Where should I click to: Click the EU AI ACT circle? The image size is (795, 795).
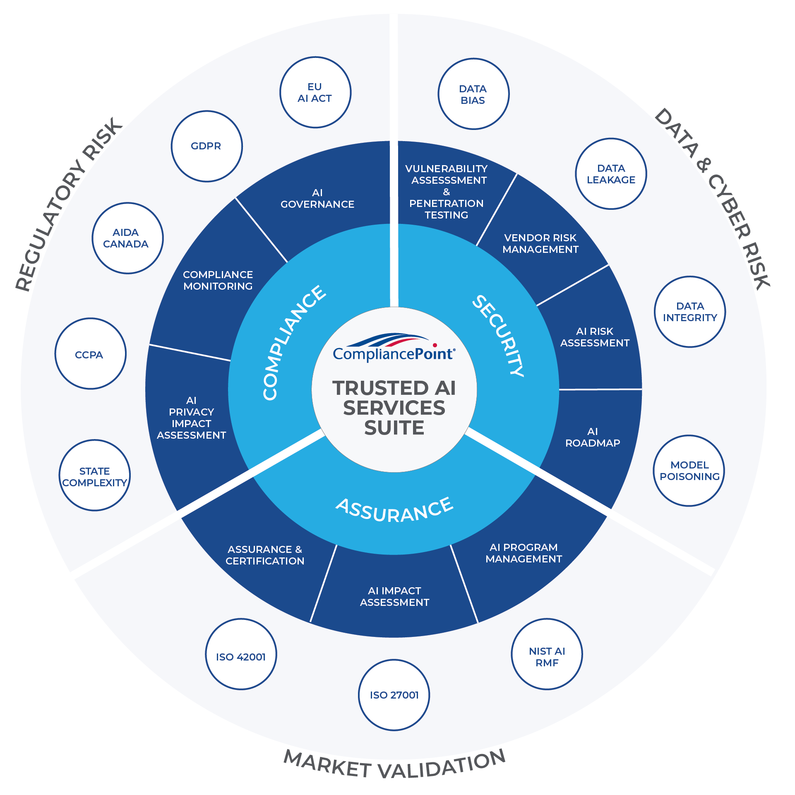315,92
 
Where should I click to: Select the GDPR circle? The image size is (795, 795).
207,146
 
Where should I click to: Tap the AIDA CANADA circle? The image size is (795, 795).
127,238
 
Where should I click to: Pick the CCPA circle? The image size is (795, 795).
90,354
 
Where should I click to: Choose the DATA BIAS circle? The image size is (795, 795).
473,94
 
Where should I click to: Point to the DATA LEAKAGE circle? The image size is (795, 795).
611,174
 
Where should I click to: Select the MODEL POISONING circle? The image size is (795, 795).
689,471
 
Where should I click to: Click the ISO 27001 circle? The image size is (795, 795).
394,695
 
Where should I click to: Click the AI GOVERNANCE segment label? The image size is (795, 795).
317,199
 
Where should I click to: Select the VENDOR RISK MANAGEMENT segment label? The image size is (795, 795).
540,243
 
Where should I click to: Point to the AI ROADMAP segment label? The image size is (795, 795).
592,437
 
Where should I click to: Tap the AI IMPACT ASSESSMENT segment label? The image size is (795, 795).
394,596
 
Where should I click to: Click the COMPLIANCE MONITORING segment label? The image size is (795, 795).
218,280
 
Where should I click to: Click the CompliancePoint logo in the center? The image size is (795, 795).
394,348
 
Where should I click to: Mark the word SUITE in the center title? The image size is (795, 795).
394,428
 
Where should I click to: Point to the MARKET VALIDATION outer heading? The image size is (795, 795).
394,765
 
